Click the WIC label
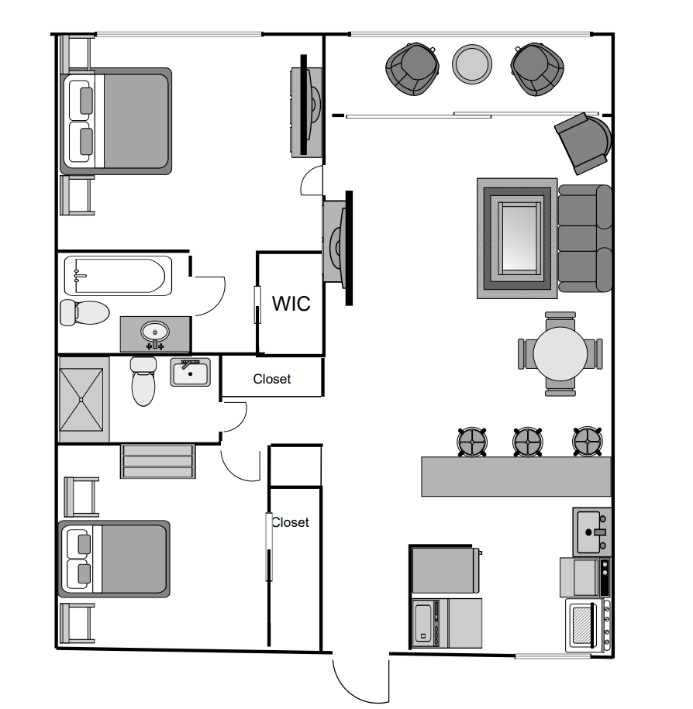click(x=291, y=303)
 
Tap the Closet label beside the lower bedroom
click(x=290, y=522)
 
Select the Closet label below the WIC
click(x=272, y=379)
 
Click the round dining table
click(x=560, y=354)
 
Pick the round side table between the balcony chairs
click(x=472, y=64)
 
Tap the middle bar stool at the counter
click(x=527, y=442)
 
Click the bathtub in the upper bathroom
click(x=118, y=276)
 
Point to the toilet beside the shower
click(x=143, y=381)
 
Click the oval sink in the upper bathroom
click(x=154, y=332)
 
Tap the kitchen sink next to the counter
click(x=592, y=532)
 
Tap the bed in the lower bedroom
click(x=115, y=559)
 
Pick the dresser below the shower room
click(x=157, y=461)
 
